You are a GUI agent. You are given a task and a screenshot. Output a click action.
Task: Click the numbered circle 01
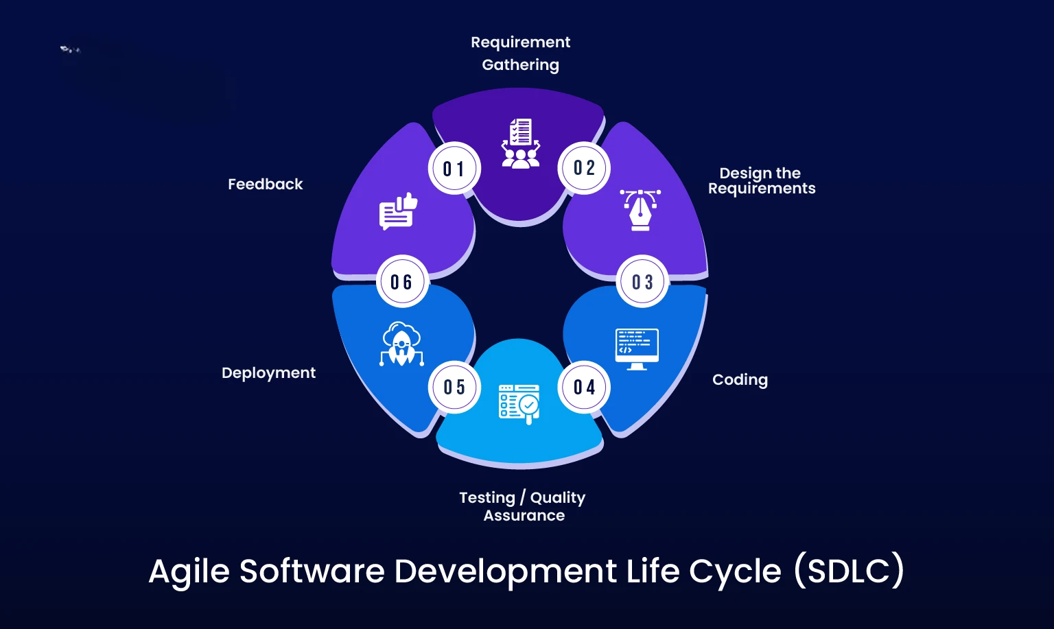pos(454,169)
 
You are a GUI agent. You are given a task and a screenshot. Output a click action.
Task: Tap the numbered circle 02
pos(585,168)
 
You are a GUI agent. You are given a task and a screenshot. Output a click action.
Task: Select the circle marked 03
pos(642,282)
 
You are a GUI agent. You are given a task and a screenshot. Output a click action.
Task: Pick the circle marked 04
pos(585,387)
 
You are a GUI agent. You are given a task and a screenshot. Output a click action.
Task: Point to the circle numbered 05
pos(454,387)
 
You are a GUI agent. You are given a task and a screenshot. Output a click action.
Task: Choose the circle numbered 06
pos(401,282)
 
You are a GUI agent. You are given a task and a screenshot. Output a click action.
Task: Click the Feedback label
pos(265,184)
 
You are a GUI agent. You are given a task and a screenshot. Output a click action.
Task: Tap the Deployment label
pos(268,372)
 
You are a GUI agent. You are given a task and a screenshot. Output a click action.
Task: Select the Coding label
pos(740,379)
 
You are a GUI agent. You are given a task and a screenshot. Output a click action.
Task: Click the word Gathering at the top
pos(520,65)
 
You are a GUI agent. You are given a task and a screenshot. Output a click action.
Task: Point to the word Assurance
pos(524,516)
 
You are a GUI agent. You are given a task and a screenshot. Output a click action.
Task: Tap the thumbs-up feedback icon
pos(398,211)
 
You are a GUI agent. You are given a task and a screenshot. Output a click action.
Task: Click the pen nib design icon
pos(640,209)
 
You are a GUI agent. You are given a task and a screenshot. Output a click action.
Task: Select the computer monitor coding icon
pos(637,348)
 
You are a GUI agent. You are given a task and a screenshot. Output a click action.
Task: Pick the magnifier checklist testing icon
pos(519,403)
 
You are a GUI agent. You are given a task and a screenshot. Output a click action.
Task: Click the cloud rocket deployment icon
pos(401,344)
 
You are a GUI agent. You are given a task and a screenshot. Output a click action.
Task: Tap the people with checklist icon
pos(520,144)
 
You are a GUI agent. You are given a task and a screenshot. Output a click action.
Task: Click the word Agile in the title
pos(189,571)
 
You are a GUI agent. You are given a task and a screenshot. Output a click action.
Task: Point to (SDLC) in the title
pos(849,570)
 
